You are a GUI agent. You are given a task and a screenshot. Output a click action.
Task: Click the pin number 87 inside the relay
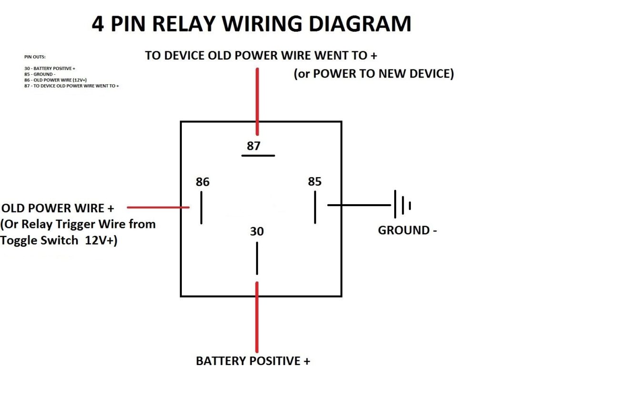click(253, 146)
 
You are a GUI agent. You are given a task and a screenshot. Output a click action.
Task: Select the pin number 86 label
click(202, 182)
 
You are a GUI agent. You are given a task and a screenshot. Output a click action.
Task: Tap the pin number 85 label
click(315, 181)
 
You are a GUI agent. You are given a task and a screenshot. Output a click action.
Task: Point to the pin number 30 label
click(257, 231)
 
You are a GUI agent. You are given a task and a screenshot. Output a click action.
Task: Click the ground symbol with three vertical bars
click(402, 205)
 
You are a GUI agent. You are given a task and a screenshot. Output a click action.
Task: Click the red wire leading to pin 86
click(158, 208)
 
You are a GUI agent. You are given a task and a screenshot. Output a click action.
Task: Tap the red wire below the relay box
click(257, 317)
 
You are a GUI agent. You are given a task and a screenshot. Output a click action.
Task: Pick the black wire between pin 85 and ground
click(359, 205)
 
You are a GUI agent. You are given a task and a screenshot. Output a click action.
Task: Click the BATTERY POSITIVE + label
click(253, 361)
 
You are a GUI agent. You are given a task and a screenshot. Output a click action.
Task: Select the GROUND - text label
click(407, 230)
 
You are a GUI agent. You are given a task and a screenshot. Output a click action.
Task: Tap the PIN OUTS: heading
click(35, 57)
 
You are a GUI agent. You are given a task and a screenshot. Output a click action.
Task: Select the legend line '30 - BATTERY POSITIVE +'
click(50, 69)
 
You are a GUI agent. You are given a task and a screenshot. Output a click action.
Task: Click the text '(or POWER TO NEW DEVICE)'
click(374, 74)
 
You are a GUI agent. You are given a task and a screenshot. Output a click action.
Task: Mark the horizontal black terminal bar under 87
click(258, 156)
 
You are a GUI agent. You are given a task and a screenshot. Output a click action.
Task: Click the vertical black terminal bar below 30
click(257, 258)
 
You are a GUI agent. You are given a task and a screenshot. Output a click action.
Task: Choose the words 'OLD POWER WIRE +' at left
click(58, 208)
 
